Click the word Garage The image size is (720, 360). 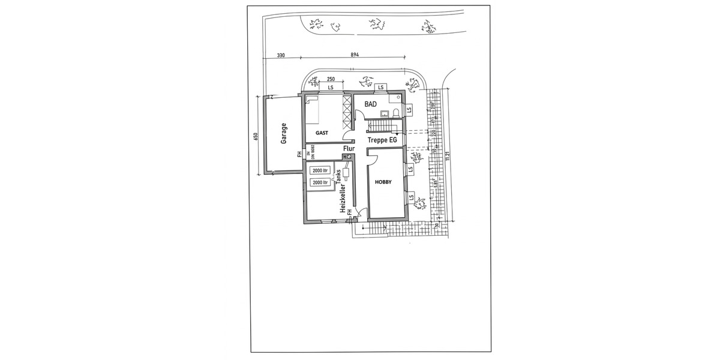pyautogui.click(x=284, y=133)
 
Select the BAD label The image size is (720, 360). pyautogui.click(x=370, y=104)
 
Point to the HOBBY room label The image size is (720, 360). pyautogui.click(x=383, y=182)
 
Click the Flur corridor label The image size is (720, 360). pyautogui.click(x=349, y=148)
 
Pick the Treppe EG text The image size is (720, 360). pyautogui.click(x=382, y=140)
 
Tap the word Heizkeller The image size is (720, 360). pyautogui.click(x=344, y=199)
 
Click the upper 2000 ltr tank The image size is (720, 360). pyautogui.click(x=320, y=171)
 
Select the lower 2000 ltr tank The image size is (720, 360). pyautogui.click(x=320, y=182)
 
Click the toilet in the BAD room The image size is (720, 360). pyautogui.click(x=396, y=113)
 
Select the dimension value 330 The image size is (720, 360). pyautogui.click(x=281, y=55)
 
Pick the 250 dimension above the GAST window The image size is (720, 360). pyautogui.click(x=331, y=80)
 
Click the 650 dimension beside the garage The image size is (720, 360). pyautogui.click(x=256, y=137)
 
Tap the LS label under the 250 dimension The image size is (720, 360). pyautogui.click(x=331, y=88)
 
